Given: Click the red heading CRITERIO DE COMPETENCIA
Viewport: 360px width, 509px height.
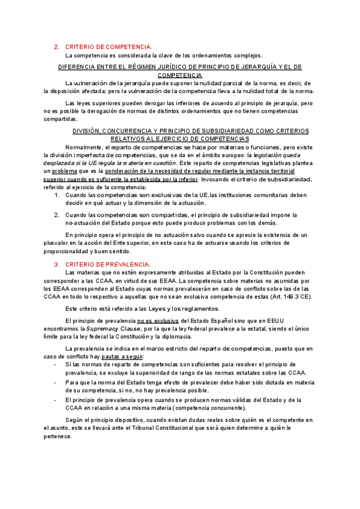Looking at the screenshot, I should pos(109,46).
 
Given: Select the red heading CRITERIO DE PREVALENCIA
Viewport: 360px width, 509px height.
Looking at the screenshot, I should pos(107,265).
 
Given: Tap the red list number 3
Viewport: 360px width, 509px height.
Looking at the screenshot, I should pos(56,265).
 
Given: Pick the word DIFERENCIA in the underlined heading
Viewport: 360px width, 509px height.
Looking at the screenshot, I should pos(78,67).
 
